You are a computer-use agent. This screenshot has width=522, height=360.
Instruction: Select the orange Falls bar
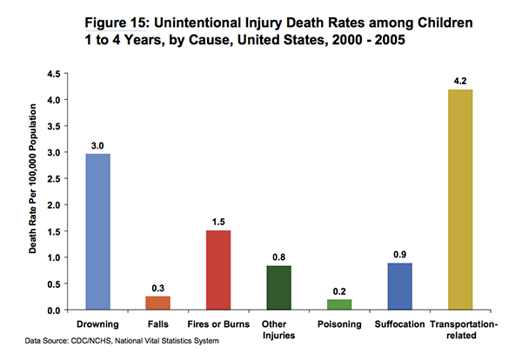point(157,303)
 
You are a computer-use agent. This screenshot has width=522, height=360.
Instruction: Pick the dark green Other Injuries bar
point(278,288)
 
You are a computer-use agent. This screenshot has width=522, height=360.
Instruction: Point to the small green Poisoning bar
point(339,304)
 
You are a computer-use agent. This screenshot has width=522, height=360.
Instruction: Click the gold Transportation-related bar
point(460,199)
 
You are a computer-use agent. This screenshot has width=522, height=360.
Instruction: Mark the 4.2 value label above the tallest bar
point(460,82)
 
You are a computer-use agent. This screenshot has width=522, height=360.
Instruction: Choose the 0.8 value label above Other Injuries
point(278,257)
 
